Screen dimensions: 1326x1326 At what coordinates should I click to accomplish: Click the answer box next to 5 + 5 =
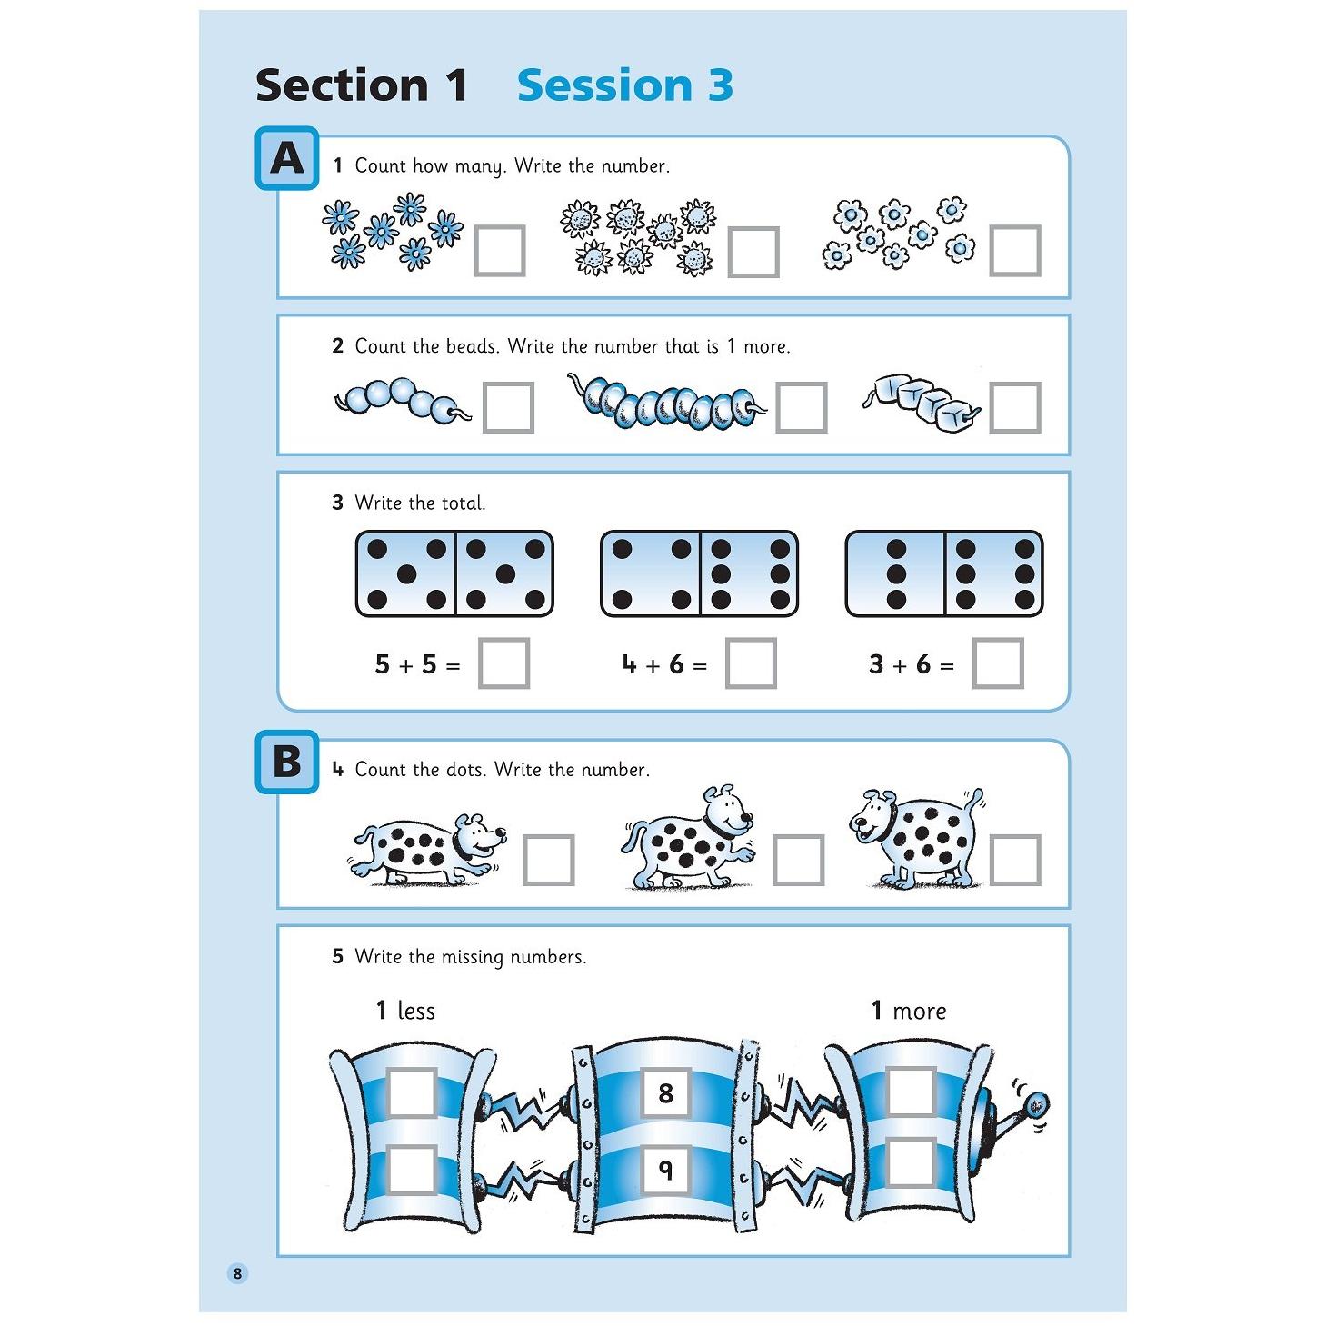(503, 663)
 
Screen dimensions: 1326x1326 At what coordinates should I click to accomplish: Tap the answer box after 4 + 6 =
(752, 663)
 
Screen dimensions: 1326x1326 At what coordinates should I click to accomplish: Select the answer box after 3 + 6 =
(997, 663)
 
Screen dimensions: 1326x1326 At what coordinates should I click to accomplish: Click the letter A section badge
(287, 159)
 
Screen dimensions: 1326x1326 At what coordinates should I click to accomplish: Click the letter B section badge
(287, 762)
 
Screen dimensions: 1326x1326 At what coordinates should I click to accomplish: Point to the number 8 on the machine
(665, 1092)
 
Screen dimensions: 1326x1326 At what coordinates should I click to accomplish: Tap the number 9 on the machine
(665, 1170)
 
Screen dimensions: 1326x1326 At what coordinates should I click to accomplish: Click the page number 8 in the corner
(238, 1273)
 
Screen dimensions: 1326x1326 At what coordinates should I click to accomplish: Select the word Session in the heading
(603, 85)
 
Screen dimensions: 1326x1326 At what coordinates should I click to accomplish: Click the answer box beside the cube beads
(1014, 407)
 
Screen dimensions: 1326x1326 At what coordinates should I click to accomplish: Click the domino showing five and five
(454, 573)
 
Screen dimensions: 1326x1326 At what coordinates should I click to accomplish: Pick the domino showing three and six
(944, 573)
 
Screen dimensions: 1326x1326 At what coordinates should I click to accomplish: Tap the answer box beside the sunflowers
(753, 252)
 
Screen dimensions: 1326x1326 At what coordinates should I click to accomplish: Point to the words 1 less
(406, 1011)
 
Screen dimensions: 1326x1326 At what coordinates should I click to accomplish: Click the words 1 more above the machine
(908, 1011)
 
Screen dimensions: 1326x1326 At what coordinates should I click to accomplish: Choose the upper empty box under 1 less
(412, 1092)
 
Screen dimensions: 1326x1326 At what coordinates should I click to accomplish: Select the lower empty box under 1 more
(911, 1162)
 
